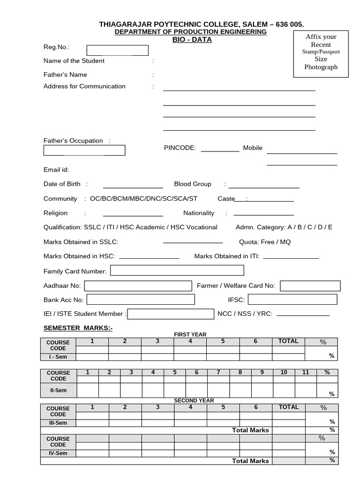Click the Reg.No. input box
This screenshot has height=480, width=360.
click(x=117, y=50)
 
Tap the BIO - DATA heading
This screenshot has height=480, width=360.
click(x=192, y=40)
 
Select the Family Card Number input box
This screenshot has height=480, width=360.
click(x=177, y=270)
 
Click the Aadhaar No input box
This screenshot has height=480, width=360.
click(x=138, y=285)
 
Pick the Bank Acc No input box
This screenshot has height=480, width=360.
click(x=141, y=300)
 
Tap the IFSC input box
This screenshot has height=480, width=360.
click(x=292, y=300)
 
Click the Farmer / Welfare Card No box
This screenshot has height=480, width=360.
click(x=310, y=285)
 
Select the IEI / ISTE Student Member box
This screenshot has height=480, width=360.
click(x=170, y=314)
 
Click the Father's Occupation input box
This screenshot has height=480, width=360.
click(x=84, y=150)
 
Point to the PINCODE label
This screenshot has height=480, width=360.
click(x=180, y=148)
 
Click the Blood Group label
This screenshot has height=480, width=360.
click(x=193, y=184)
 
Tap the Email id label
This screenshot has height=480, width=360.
click(x=56, y=170)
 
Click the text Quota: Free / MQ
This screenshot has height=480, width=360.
click(x=265, y=242)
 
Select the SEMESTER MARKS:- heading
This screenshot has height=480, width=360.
click(x=78, y=328)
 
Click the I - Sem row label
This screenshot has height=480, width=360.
click(x=58, y=357)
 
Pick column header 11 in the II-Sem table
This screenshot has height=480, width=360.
click(x=306, y=373)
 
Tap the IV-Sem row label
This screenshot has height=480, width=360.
click(x=58, y=453)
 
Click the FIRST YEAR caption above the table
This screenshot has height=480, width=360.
click(x=190, y=334)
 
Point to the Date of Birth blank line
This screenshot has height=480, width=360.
click(x=133, y=187)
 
